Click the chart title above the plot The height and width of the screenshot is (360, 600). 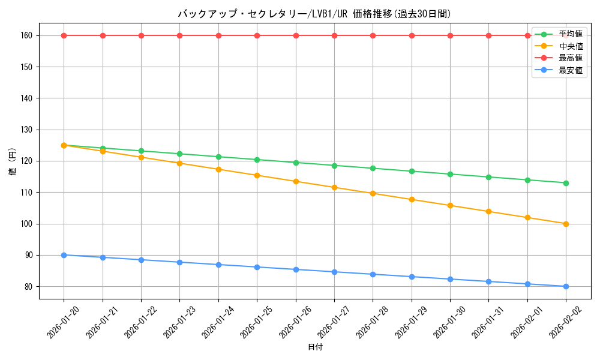[314, 14]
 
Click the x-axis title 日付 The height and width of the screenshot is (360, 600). [315, 347]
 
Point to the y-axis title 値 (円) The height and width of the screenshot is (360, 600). [12, 161]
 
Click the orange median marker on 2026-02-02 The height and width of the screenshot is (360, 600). [566, 224]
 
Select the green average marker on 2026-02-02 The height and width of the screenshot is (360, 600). [566, 183]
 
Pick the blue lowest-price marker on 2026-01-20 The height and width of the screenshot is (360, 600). [64, 255]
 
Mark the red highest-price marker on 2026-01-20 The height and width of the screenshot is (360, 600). [64, 35]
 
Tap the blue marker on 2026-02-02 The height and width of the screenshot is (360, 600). [566, 286]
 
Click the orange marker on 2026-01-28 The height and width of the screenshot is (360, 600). [373, 193]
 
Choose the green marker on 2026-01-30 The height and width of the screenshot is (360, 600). [450, 174]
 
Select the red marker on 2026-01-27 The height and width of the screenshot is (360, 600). [334, 35]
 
